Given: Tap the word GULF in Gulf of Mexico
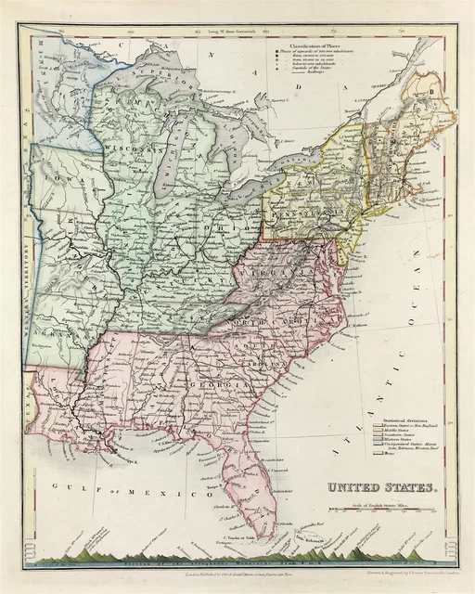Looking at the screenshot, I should [68, 485].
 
